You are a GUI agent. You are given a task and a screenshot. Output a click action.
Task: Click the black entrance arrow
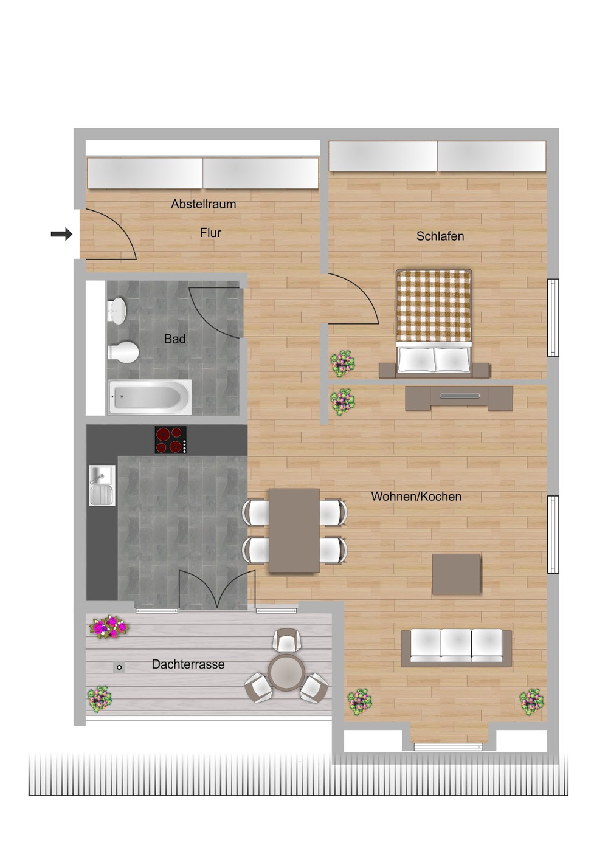click(61, 233)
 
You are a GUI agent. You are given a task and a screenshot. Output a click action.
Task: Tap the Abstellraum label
click(203, 204)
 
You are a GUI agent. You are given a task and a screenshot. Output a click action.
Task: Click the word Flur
click(210, 233)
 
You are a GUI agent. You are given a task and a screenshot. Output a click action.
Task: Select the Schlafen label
click(440, 236)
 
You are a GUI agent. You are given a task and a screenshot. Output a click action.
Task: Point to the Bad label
click(174, 339)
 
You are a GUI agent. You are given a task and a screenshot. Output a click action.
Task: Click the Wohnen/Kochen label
click(416, 497)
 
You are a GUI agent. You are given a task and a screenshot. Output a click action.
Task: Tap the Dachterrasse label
click(188, 664)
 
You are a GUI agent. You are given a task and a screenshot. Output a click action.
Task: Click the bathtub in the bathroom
click(150, 397)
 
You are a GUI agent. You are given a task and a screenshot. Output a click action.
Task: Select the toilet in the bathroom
click(123, 353)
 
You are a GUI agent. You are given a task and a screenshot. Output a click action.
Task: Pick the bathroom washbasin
click(116, 309)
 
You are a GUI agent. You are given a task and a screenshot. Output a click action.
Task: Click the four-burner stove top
click(171, 440)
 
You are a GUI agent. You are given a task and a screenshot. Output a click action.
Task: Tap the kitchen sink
click(102, 485)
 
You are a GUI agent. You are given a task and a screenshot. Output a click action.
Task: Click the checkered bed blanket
click(434, 305)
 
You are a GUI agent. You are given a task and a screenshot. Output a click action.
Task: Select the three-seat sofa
click(456, 648)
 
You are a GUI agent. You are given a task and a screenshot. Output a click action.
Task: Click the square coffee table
click(456, 574)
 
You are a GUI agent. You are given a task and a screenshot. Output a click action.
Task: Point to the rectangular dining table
click(294, 531)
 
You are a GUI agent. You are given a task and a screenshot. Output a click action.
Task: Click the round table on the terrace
click(286, 673)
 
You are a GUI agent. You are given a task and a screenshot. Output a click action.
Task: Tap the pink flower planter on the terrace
click(109, 627)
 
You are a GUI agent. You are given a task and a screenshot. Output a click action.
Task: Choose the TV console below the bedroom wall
click(459, 397)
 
